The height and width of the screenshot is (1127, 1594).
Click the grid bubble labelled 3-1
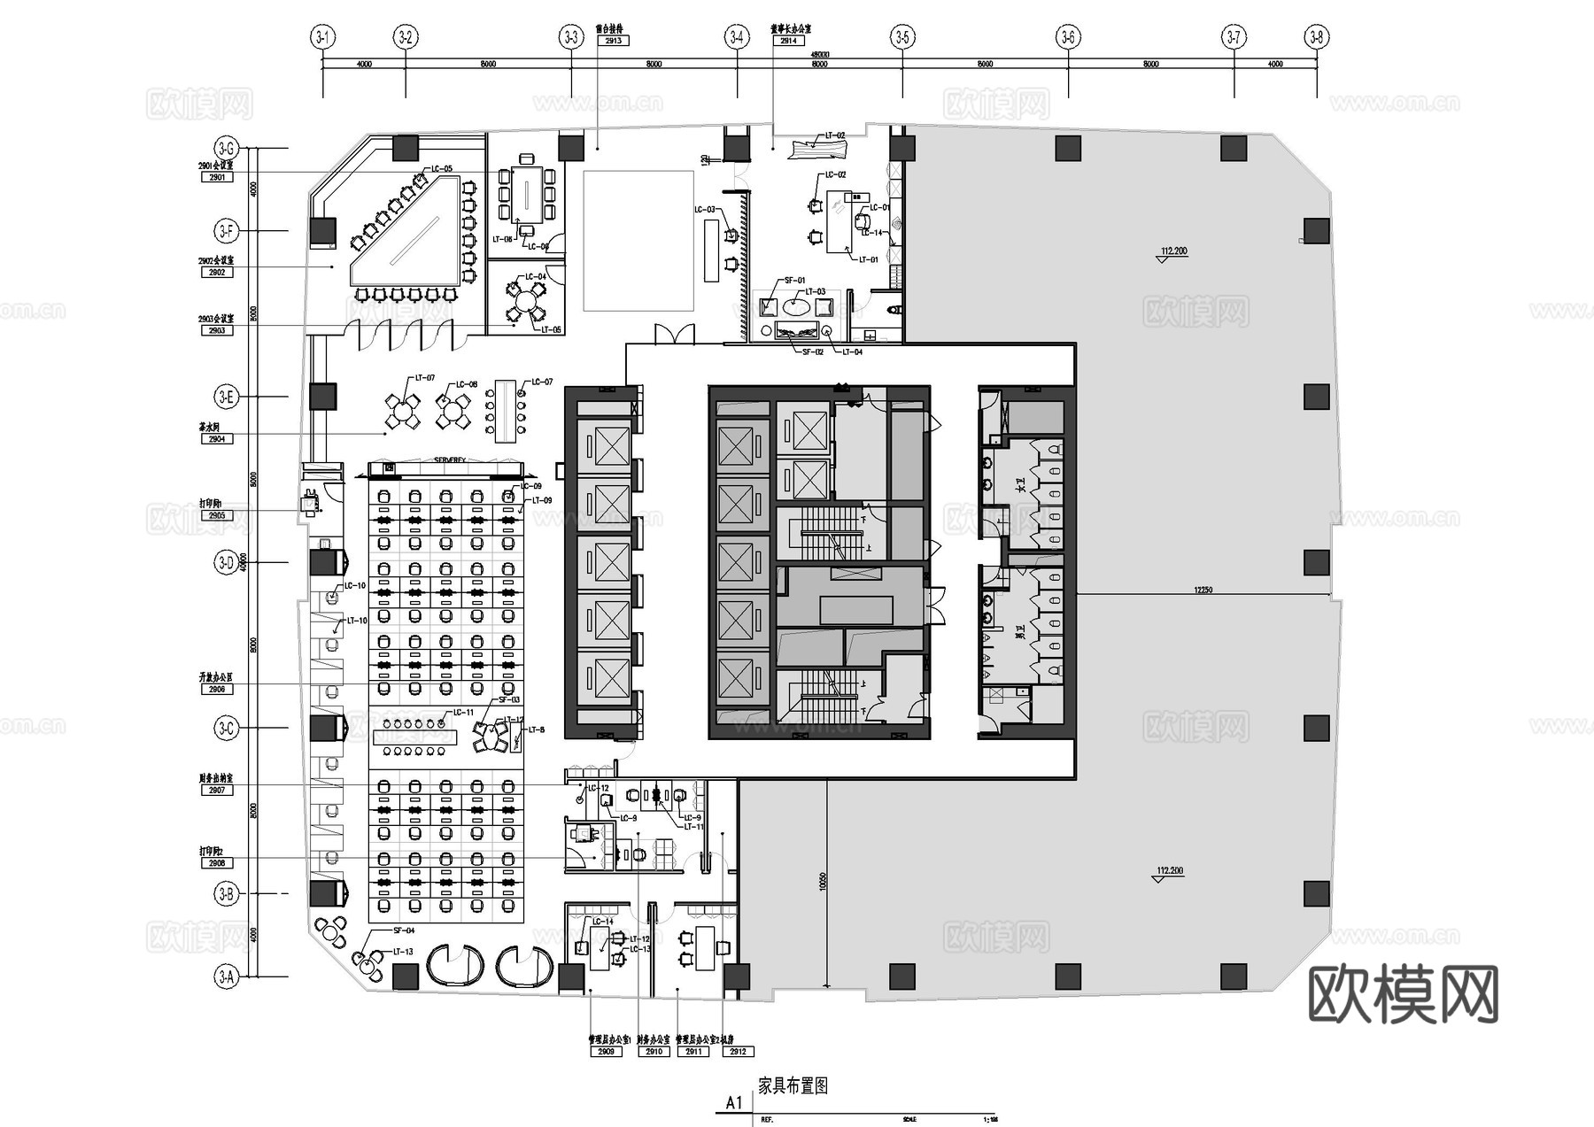click(322, 37)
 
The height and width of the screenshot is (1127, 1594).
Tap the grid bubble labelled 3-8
click(1317, 37)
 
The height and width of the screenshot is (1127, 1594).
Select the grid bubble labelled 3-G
click(227, 148)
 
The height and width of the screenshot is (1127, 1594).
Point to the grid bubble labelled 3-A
click(227, 977)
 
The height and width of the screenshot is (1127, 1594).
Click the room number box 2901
click(217, 177)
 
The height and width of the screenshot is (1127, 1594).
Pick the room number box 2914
click(787, 41)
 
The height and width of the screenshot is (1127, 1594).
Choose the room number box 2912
click(739, 1052)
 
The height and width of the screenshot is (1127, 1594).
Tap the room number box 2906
click(217, 689)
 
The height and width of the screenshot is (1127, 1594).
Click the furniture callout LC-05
click(442, 169)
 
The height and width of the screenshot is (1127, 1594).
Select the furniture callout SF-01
click(794, 281)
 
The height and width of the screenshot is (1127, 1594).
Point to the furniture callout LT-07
click(424, 379)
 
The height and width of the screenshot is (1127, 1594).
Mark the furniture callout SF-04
click(404, 930)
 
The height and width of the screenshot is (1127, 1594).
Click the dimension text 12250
click(1203, 590)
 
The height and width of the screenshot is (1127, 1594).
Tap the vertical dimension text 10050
click(823, 881)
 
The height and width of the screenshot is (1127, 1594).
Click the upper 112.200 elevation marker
click(1173, 251)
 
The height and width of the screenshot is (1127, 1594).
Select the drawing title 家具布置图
click(793, 1085)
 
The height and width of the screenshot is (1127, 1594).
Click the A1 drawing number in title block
click(734, 1102)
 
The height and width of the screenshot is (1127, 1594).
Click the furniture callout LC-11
click(463, 713)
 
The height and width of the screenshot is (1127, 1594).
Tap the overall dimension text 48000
click(820, 56)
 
